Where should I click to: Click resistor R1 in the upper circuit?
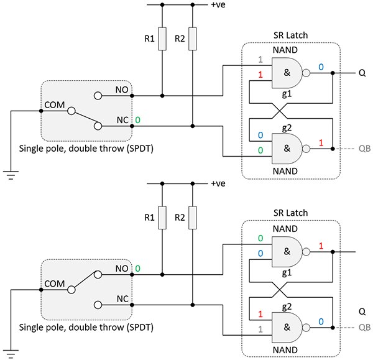coord(162,39)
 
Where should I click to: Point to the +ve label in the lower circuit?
coord(219,184)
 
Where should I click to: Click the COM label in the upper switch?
coord(55,105)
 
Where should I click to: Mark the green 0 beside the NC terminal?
coord(137,119)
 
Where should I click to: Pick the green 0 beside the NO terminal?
coord(137,269)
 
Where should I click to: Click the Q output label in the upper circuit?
coord(362,73)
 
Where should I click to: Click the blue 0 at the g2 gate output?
coord(321,321)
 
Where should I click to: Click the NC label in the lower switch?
coord(121,298)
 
